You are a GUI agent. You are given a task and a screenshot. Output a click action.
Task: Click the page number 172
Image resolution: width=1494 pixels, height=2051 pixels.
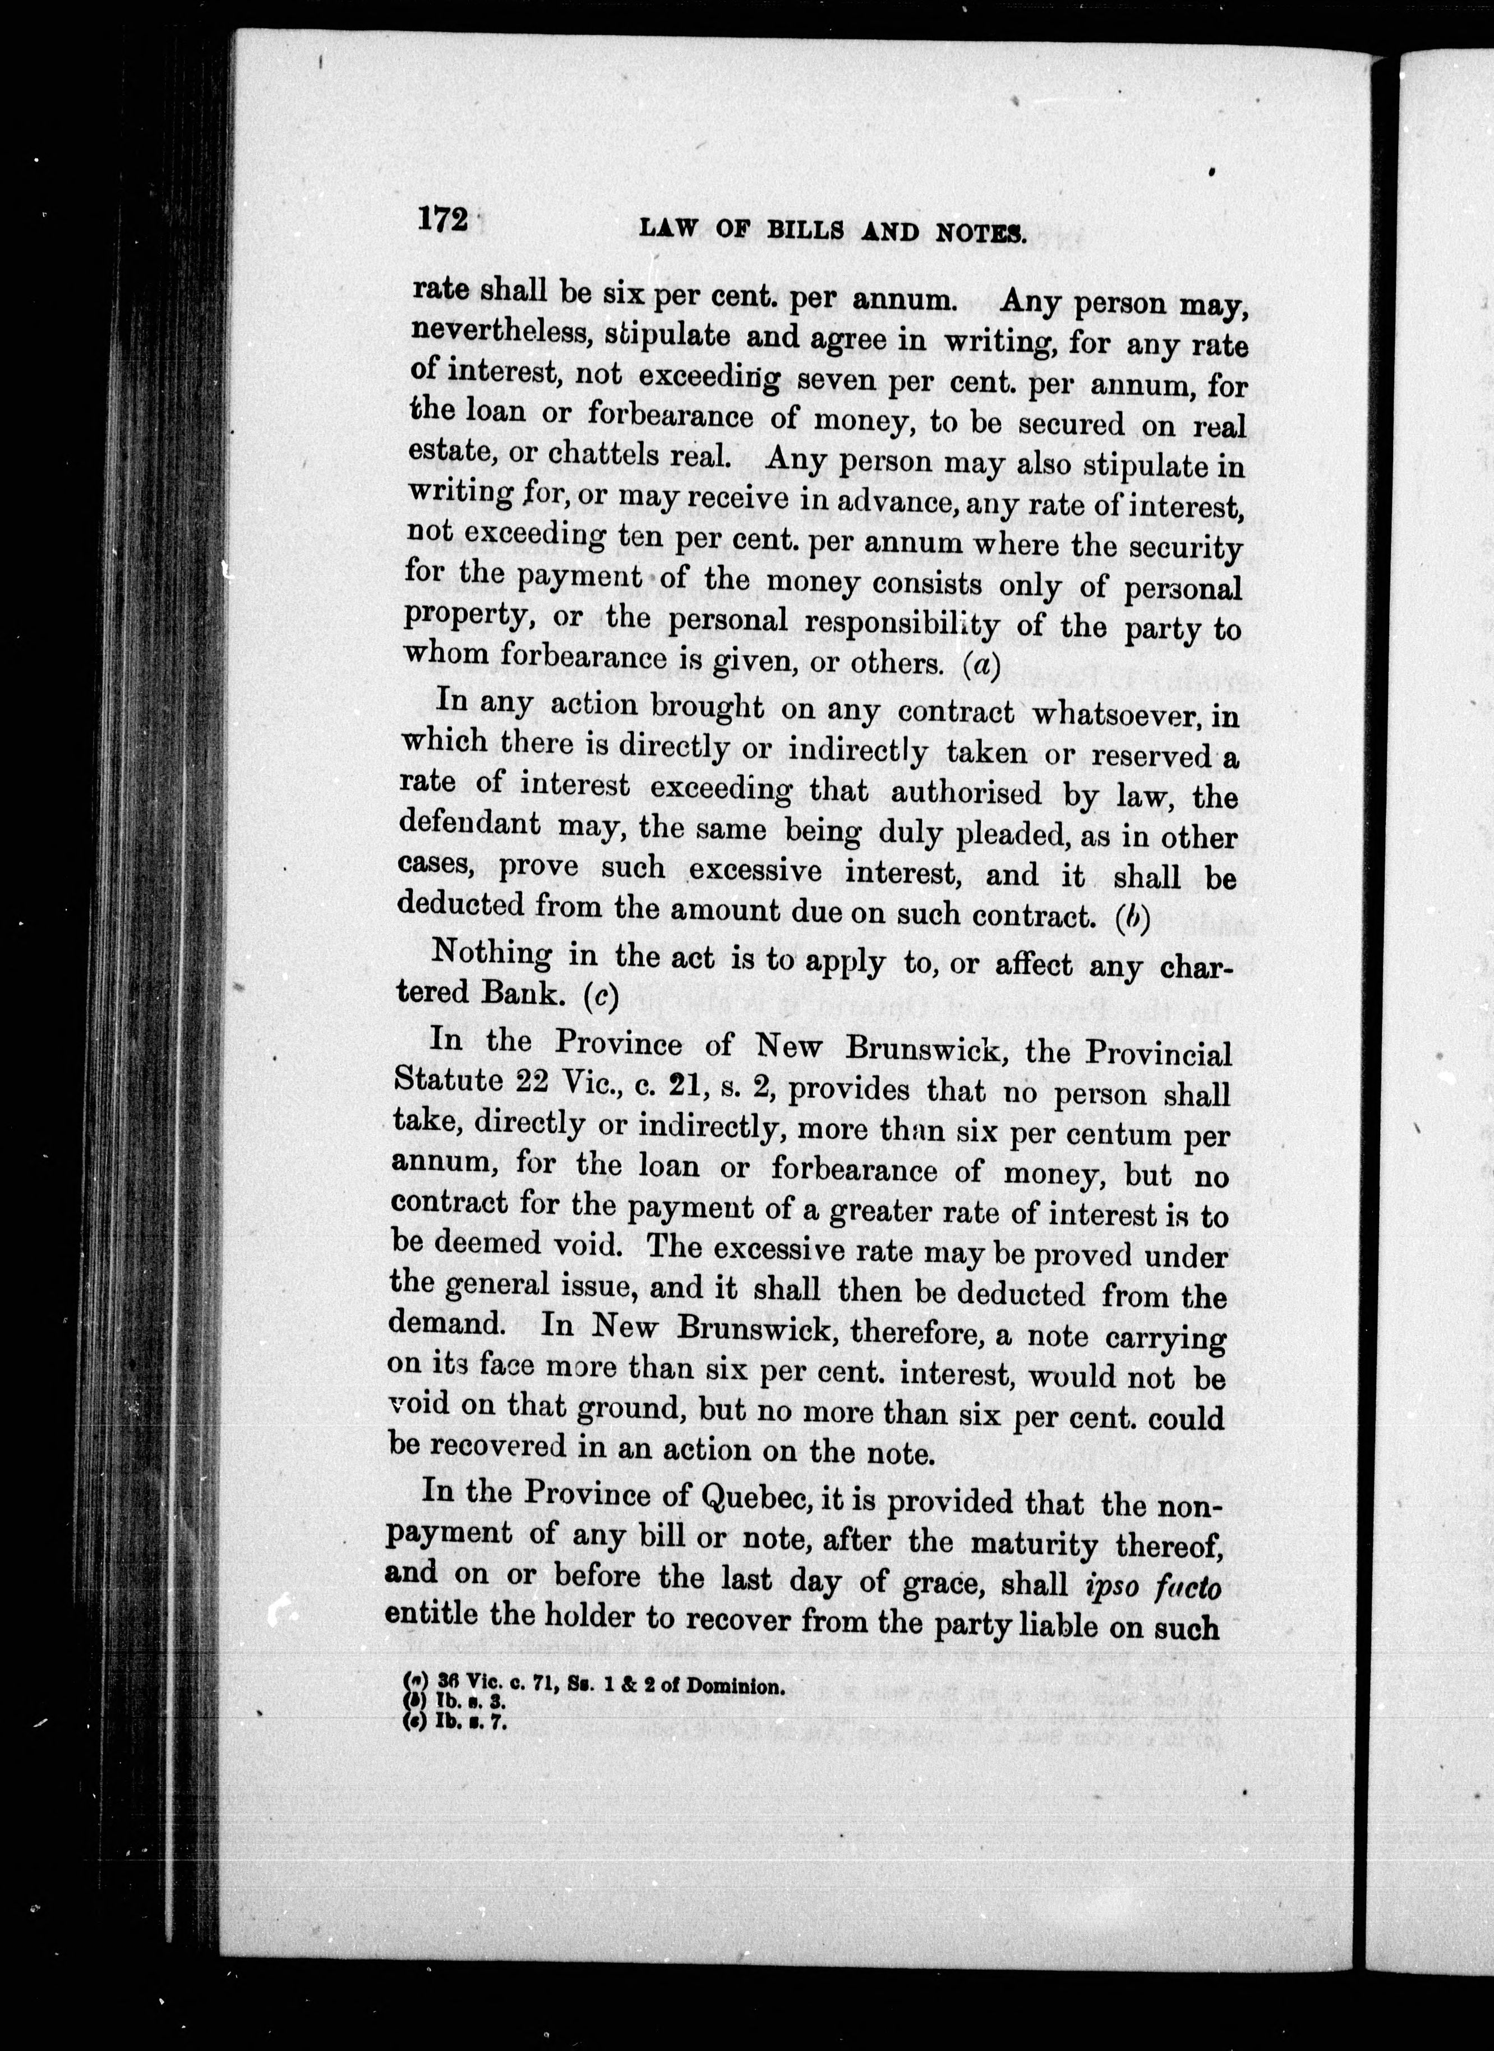(441, 220)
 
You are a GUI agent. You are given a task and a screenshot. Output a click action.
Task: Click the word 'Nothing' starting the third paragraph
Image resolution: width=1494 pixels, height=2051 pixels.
(492, 954)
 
